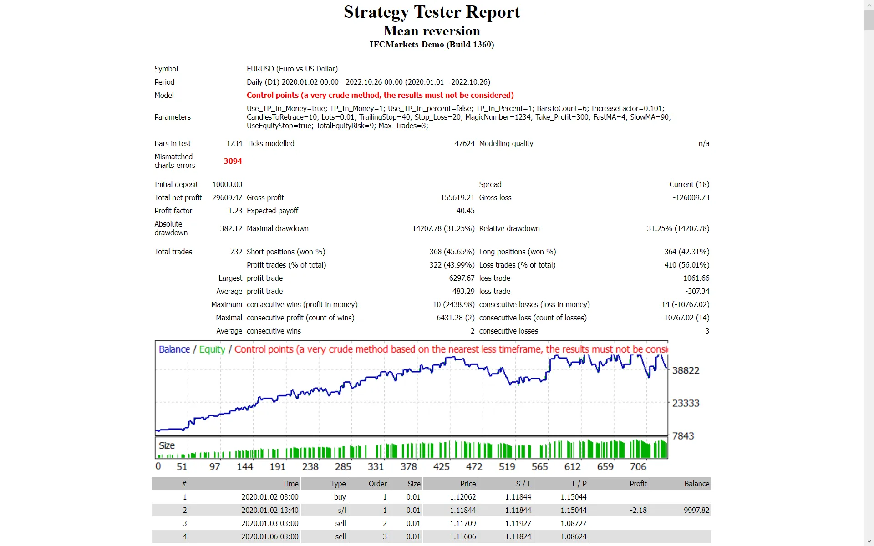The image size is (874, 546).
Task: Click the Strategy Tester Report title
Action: (x=432, y=12)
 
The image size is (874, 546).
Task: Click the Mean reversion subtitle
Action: (x=432, y=31)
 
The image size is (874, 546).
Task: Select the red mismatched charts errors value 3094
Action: (x=233, y=161)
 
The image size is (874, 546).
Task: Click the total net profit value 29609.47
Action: (x=227, y=197)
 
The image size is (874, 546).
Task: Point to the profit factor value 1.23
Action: (x=235, y=211)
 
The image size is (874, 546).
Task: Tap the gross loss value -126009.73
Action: (x=691, y=197)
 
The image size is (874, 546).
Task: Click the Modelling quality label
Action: (x=506, y=143)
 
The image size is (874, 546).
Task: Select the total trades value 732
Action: (x=236, y=252)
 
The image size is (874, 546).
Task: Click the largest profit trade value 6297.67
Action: (x=462, y=278)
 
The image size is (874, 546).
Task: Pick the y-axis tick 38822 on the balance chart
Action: (x=685, y=370)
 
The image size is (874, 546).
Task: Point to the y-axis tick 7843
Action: (x=683, y=436)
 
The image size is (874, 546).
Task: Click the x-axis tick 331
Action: (x=376, y=467)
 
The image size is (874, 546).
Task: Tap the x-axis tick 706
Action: (x=638, y=467)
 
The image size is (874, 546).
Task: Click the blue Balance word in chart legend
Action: (x=174, y=349)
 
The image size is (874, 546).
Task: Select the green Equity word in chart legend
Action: (x=212, y=349)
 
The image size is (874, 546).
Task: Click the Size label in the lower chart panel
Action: (x=167, y=445)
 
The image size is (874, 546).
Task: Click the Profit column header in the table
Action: (x=638, y=484)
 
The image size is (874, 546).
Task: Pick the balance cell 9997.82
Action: (x=696, y=510)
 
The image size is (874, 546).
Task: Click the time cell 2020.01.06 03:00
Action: (x=269, y=536)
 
